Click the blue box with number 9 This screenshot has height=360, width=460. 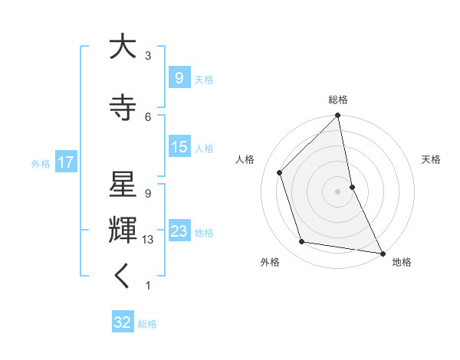(179, 77)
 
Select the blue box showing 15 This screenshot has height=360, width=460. (179, 147)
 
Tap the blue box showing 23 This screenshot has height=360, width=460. (179, 231)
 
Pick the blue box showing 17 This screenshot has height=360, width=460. (65, 162)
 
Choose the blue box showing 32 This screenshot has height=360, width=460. (122, 322)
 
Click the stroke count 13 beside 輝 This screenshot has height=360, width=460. (148, 240)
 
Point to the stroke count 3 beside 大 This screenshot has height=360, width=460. (148, 56)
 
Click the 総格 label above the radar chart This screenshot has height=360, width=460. (338, 100)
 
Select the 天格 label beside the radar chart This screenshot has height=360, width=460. (431, 159)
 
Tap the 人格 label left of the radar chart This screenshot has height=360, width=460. (245, 159)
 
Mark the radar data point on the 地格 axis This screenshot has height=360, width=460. (382, 253)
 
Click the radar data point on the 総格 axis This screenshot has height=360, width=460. (338, 116)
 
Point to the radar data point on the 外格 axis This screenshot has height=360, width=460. (302, 242)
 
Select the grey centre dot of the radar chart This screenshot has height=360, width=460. (337, 191)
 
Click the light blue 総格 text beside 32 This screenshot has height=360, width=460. (147, 324)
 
